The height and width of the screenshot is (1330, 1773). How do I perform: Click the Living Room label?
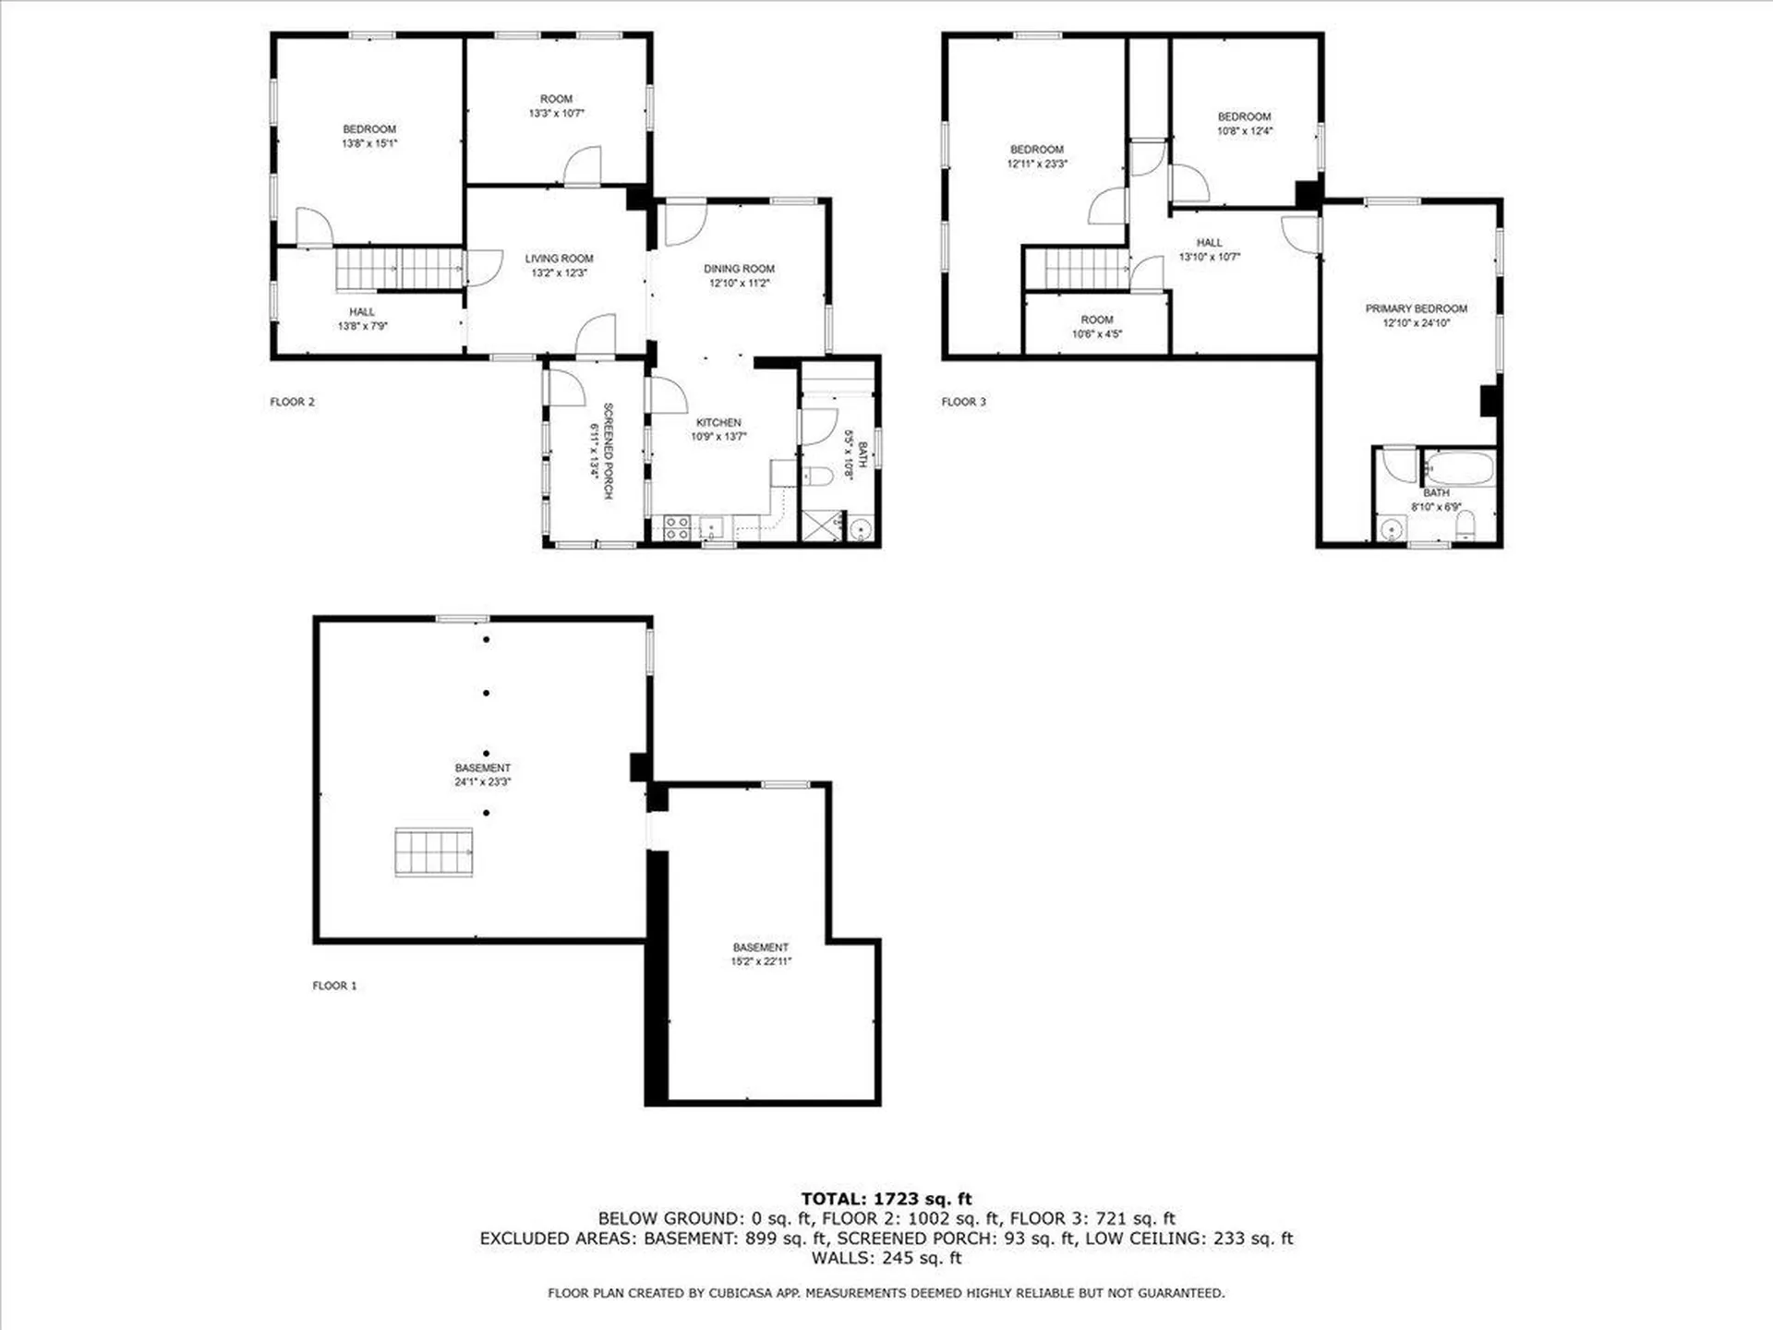[559, 259]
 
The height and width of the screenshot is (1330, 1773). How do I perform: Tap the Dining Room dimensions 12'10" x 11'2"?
[739, 284]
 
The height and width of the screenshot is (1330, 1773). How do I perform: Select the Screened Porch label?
[608, 451]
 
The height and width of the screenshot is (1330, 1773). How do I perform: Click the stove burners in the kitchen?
[675, 527]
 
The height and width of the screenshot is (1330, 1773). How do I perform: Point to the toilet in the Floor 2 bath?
[818, 477]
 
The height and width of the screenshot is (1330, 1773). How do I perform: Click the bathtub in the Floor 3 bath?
[1459, 469]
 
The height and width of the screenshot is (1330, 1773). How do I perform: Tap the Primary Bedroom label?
[1416, 308]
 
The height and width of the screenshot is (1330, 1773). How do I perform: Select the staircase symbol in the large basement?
[434, 852]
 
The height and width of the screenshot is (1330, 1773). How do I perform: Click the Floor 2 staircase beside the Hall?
[398, 269]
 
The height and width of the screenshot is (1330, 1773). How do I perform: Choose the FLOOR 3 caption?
[963, 402]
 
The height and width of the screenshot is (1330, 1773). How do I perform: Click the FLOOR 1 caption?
[334, 985]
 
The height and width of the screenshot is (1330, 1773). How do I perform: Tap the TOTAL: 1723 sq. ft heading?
[886, 1199]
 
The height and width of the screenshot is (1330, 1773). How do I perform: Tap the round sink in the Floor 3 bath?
[1391, 529]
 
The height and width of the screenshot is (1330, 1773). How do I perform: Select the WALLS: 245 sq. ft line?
[886, 1258]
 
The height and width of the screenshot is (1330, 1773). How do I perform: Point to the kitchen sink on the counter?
[713, 528]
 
